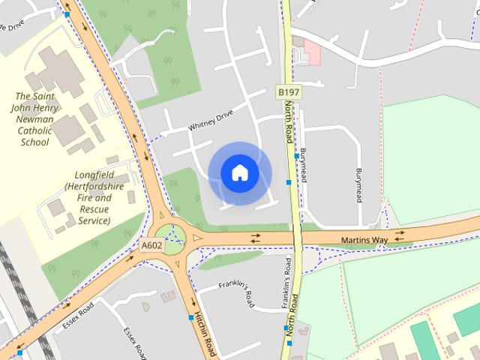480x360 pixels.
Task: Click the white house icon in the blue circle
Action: click(239, 173)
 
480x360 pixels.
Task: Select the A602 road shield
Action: click(151, 244)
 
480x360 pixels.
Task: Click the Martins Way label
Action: click(364, 241)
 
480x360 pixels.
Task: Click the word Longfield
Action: click(88, 173)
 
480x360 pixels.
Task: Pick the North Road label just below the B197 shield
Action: click(289, 123)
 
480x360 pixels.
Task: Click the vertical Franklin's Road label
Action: click(286, 279)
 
